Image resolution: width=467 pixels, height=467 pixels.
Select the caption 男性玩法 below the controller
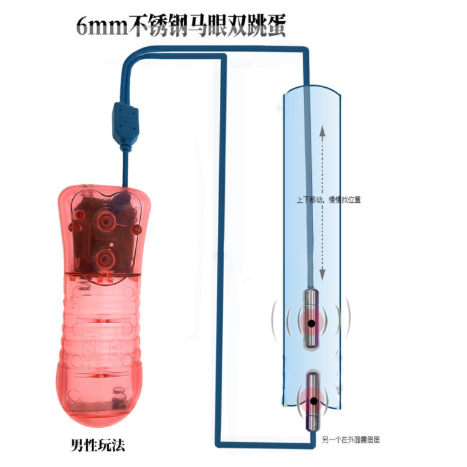98,445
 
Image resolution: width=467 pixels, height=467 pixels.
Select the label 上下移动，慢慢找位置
329,200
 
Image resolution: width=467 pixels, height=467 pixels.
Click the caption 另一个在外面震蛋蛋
351,440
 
